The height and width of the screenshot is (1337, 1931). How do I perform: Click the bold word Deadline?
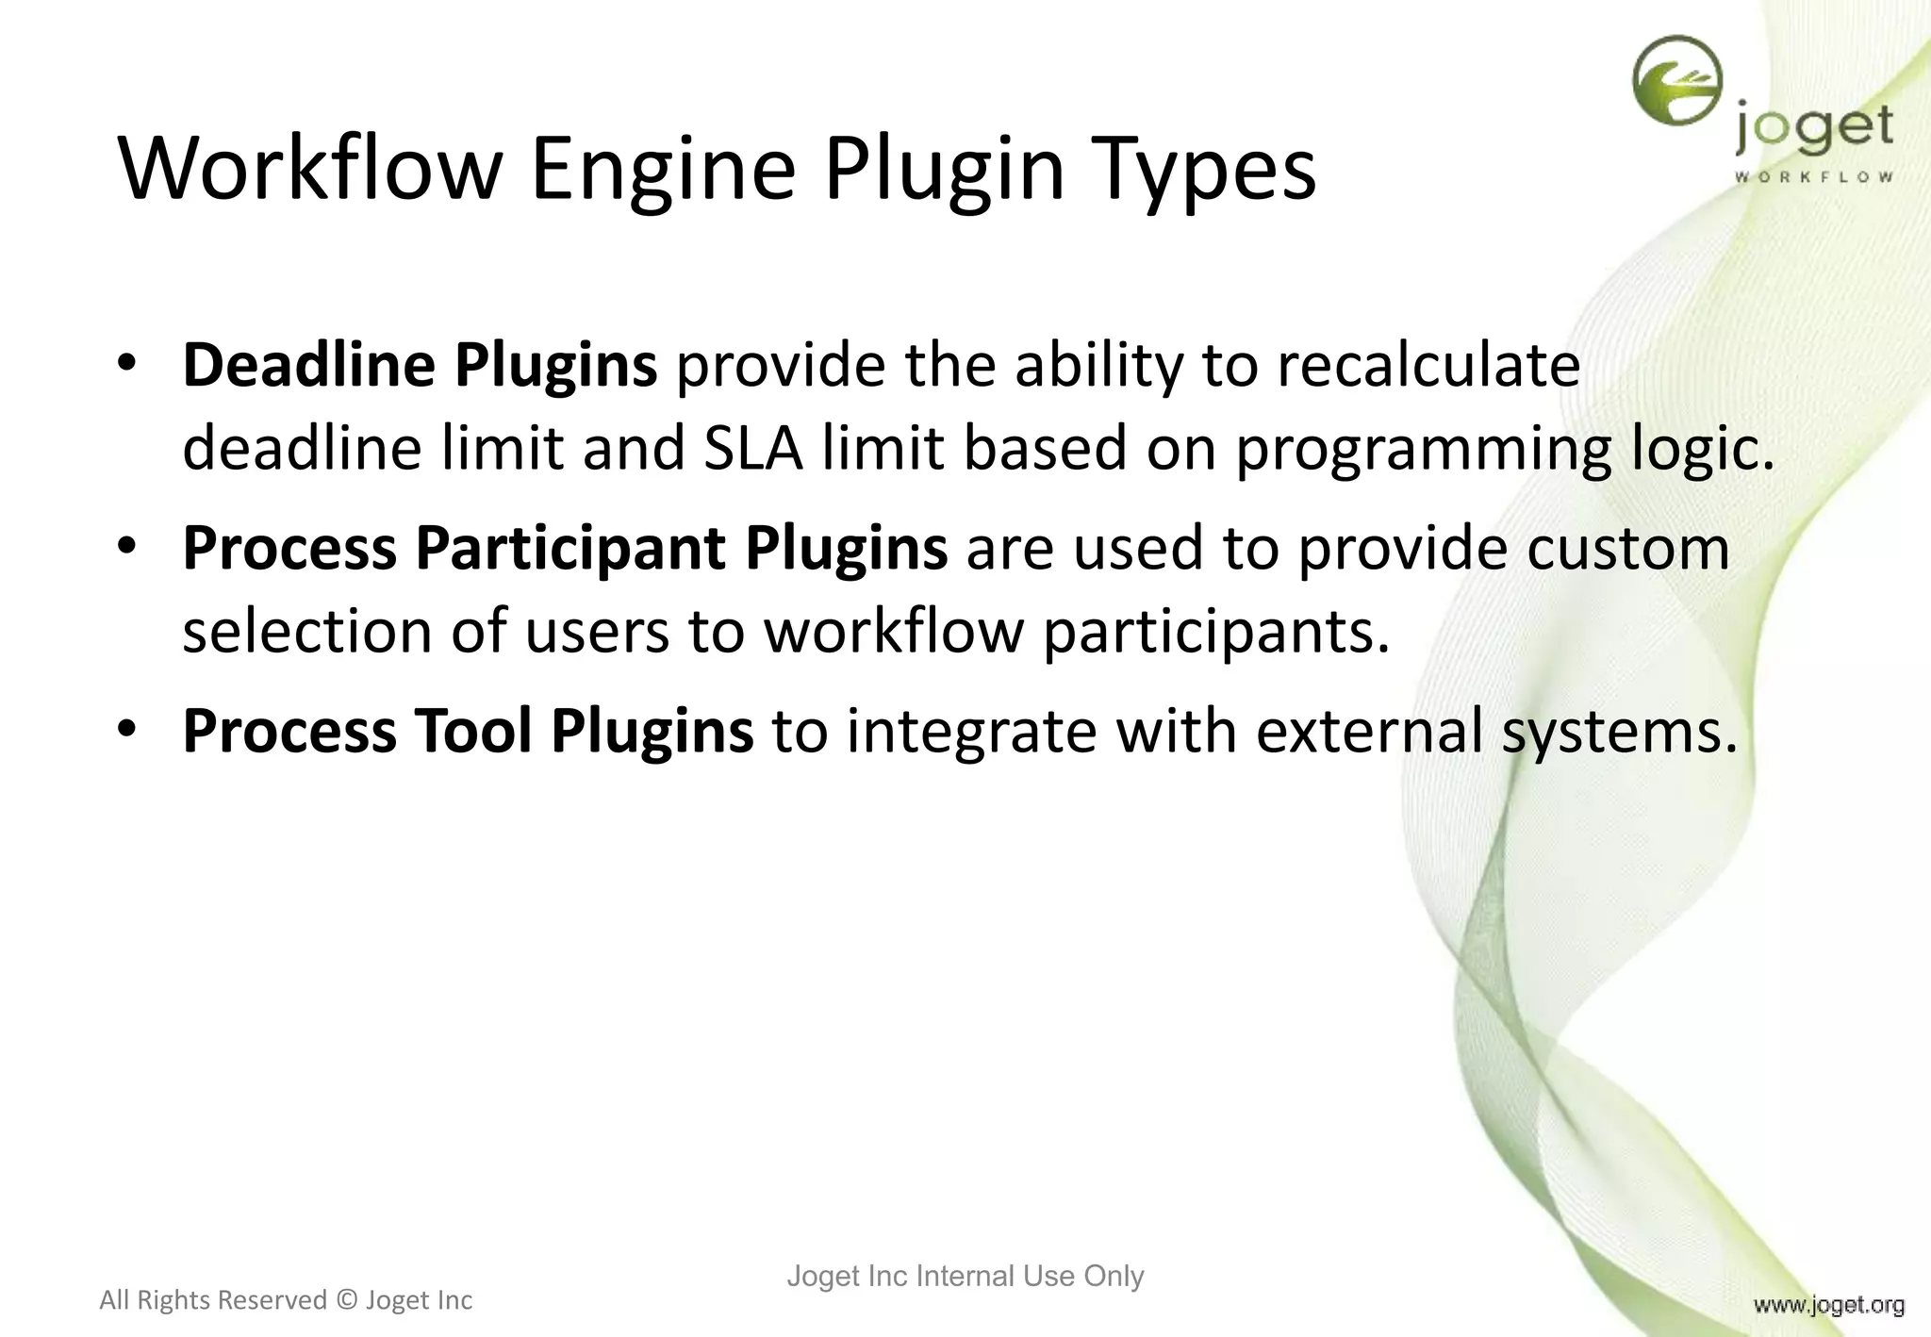(x=306, y=365)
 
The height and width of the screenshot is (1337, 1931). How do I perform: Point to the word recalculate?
(x=1428, y=365)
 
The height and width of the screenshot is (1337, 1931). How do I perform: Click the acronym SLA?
(x=752, y=448)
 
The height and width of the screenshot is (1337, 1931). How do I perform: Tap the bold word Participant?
(x=570, y=549)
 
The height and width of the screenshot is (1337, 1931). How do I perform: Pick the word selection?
(x=306, y=631)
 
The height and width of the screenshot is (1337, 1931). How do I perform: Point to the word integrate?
(x=972, y=733)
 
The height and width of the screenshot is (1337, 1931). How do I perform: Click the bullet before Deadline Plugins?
(x=127, y=365)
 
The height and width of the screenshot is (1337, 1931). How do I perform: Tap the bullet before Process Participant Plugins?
(x=127, y=548)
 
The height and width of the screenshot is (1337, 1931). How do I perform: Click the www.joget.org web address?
(x=1828, y=1305)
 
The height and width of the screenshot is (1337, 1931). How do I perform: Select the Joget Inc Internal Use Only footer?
(x=965, y=1276)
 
